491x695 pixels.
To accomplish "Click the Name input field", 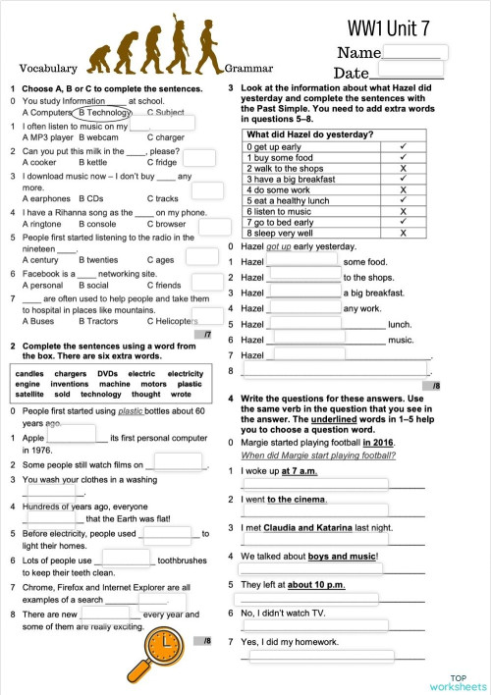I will click(415, 52).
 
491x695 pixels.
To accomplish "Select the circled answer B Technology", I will click(104, 113).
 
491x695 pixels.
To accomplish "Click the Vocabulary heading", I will click(48, 68).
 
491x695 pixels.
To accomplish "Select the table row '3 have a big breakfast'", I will click(304, 179).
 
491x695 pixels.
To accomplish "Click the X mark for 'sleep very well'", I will click(404, 234).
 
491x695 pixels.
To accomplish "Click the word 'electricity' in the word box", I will click(185, 374).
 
